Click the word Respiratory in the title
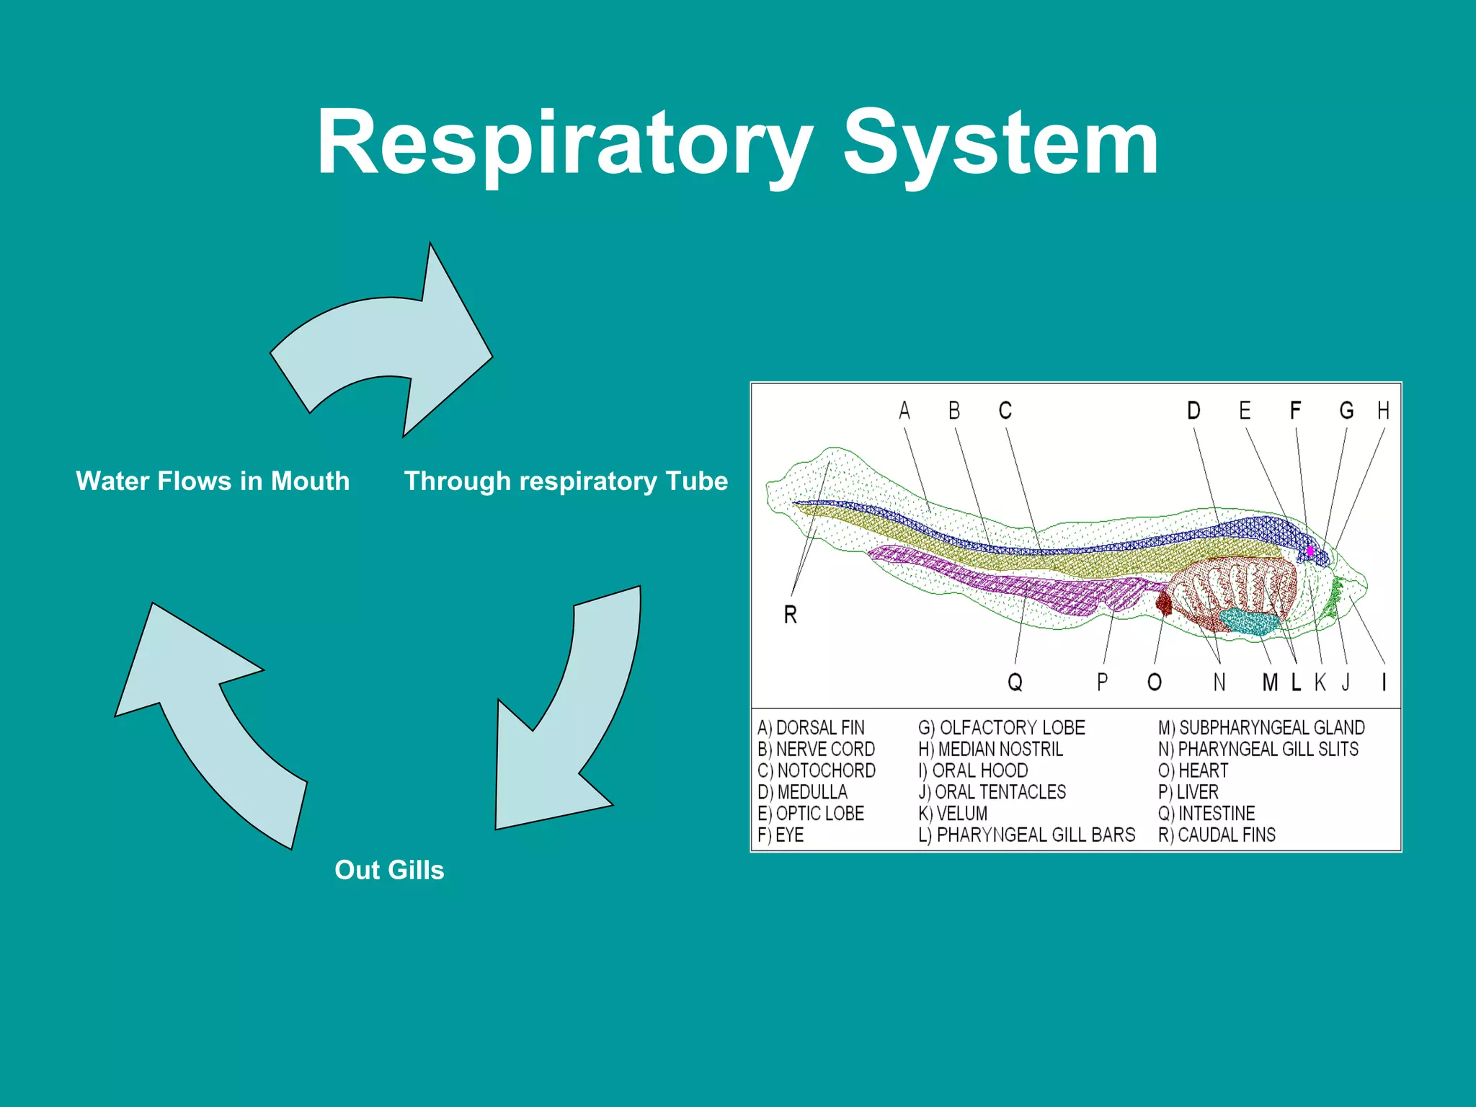pos(564,144)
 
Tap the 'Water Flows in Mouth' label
pos(213,481)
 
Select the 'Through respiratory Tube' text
pos(566,481)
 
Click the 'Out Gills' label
pos(389,870)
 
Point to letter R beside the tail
pos(790,615)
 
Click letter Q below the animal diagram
pos(1015,682)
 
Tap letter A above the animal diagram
pos(904,411)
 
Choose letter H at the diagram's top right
pos(1383,411)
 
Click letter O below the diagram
pos(1154,682)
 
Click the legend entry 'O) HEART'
pos(1193,770)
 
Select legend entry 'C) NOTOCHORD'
pos(816,770)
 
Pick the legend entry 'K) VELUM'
pos(953,814)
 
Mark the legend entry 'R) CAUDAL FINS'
pos(1217,835)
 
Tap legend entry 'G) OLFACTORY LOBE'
pos(1001,728)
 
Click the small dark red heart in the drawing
pos(1164,602)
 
